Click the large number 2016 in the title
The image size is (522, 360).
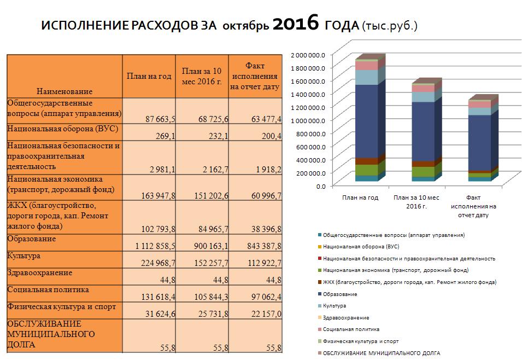coord(296,24)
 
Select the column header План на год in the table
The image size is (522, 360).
coord(149,77)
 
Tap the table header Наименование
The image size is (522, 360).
coord(64,91)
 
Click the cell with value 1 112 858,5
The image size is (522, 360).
coord(155,246)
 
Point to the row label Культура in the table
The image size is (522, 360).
coord(24,256)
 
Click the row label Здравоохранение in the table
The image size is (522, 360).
coord(39,272)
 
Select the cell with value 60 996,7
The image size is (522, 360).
coord(266,196)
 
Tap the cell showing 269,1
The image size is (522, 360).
coord(166,136)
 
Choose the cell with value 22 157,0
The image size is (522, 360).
coord(266,314)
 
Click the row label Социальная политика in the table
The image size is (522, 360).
coord(48,289)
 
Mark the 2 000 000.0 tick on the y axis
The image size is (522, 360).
coord(308,55)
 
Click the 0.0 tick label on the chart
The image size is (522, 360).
coord(321,187)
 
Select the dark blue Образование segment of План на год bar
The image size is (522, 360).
coord(367,121)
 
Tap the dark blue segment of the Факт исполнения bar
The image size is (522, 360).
coord(480,143)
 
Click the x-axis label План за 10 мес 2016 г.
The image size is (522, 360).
coord(416,202)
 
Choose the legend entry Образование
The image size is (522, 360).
coord(340,294)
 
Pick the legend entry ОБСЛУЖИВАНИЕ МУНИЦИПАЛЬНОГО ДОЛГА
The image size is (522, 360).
coord(382,353)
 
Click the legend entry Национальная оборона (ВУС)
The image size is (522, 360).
coord(361,247)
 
